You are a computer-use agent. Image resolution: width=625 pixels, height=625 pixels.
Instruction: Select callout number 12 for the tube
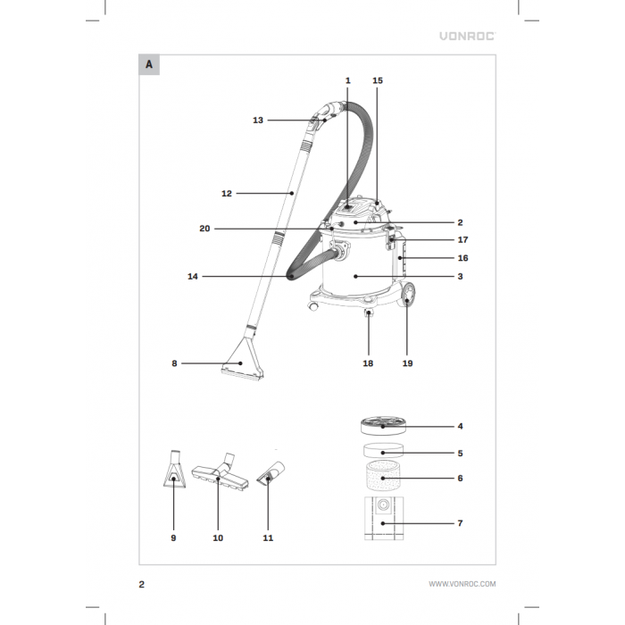227,192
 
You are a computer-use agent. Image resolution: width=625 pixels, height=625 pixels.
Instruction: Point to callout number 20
205,229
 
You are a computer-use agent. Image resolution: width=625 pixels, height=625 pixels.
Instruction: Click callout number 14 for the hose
193,277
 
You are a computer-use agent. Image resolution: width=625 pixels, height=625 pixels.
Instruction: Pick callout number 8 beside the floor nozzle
175,363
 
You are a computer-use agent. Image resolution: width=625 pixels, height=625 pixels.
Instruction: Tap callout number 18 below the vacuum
369,364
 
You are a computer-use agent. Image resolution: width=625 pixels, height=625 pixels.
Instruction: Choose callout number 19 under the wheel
407,364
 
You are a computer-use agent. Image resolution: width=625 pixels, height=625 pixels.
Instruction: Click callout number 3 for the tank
460,277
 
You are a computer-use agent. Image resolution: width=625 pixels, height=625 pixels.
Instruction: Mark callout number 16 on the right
462,258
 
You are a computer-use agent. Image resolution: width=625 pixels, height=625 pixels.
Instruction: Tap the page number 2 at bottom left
142,584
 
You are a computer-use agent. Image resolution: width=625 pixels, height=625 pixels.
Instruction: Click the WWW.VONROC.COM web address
462,584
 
